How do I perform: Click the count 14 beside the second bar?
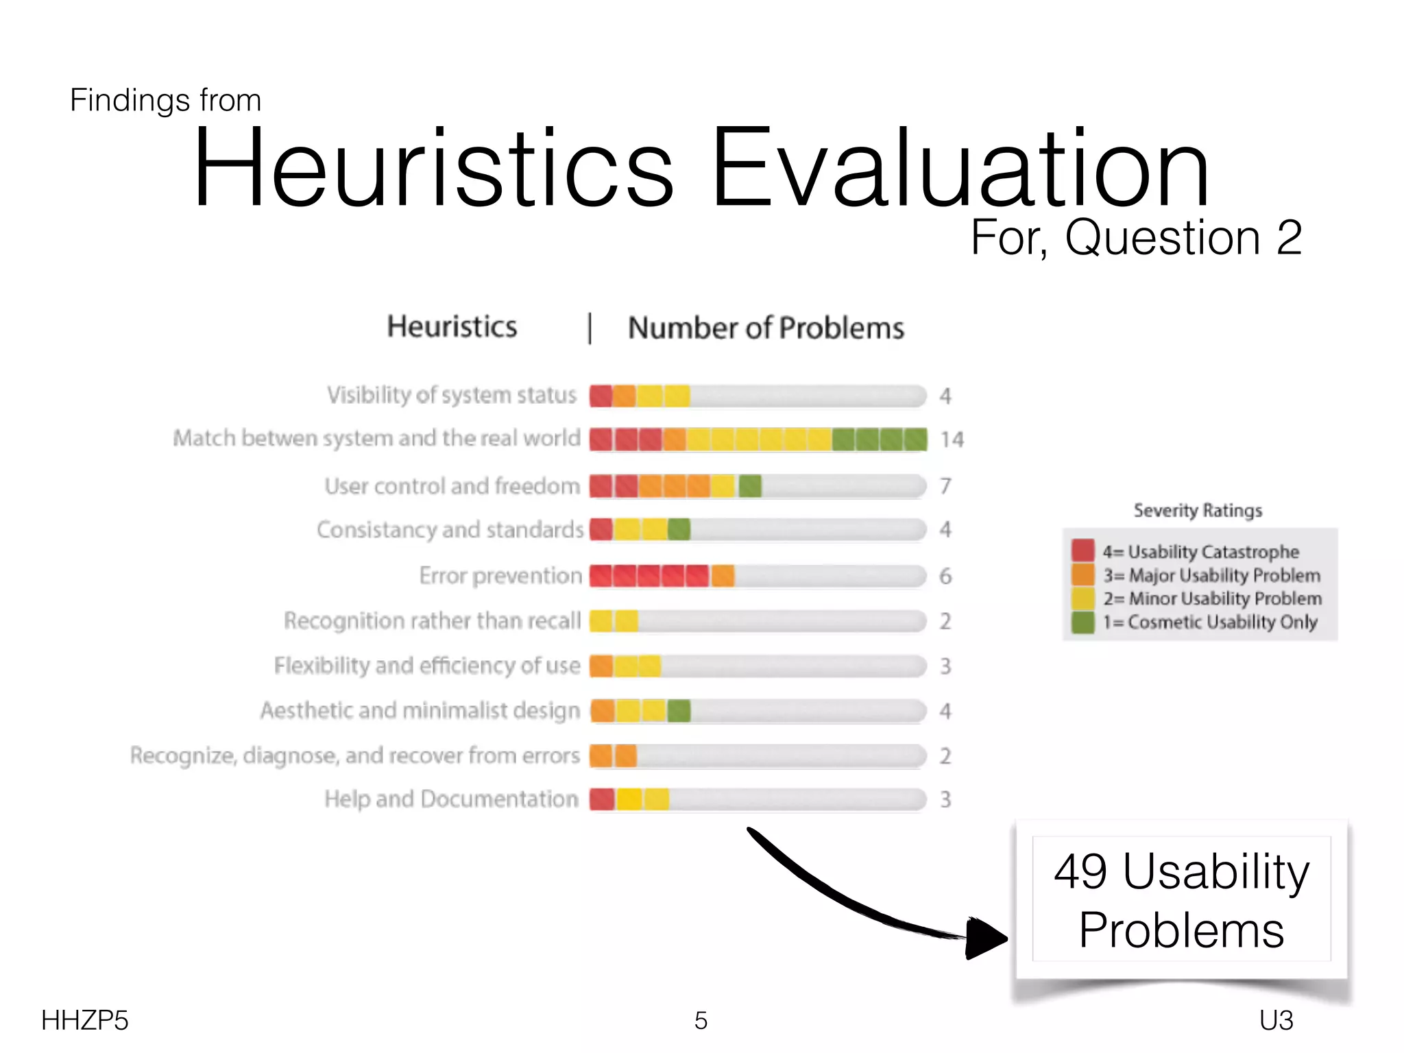[952, 439]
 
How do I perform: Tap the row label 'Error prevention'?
[500, 576]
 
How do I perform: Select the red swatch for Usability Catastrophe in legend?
[1083, 550]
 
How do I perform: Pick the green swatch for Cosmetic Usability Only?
[1083, 622]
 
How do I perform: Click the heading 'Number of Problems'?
[766, 328]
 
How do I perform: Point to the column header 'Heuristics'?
[452, 327]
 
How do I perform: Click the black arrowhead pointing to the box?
[984, 938]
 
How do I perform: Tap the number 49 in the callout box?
[1080, 872]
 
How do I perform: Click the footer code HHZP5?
[84, 1021]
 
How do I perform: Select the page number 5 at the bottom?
[701, 1021]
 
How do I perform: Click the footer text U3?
[1276, 1021]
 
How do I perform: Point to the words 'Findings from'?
[165, 101]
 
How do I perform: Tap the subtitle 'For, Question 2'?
[1136, 238]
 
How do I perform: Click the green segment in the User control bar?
[750, 486]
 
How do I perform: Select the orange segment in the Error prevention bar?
[723, 576]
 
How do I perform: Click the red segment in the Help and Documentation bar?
[602, 799]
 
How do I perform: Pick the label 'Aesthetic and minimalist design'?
[420, 711]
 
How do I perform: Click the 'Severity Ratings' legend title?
[1198, 511]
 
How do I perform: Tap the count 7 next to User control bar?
[945, 486]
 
